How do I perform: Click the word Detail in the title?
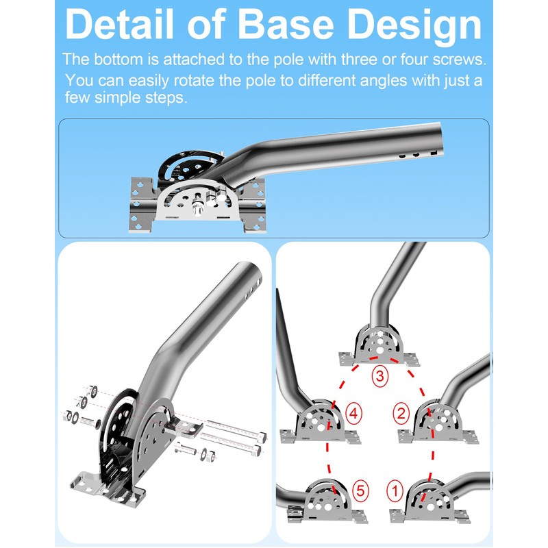[119, 25]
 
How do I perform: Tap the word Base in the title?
[286, 25]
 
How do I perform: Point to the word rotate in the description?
[194, 80]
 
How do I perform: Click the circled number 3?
[380, 376]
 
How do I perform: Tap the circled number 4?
[353, 414]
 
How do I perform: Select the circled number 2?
[401, 414]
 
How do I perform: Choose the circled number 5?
[360, 490]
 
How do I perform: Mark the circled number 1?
[395, 490]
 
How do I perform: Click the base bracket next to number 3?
[379, 345]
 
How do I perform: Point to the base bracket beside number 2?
[438, 422]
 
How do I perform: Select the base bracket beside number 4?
[321, 422]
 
